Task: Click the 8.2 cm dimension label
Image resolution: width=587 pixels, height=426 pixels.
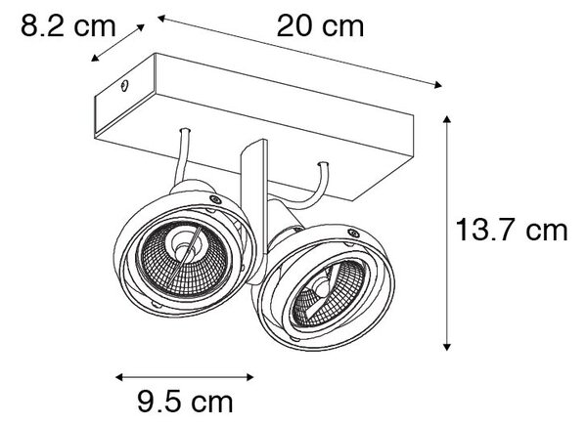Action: tap(68, 25)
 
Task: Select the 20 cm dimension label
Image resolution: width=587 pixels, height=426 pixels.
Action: tap(321, 26)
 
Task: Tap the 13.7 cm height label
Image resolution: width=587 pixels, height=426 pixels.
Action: tap(512, 230)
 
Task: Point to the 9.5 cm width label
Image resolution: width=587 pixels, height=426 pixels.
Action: tap(185, 402)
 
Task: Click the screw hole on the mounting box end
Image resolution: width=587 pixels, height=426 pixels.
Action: tap(124, 86)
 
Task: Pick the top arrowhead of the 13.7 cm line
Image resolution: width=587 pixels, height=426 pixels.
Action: tap(446, 119)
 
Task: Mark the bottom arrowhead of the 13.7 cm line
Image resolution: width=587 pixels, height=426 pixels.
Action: tap(446, 346)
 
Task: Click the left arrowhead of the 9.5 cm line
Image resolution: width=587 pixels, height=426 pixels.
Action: tap(119, 377)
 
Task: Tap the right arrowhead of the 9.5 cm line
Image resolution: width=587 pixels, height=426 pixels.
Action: tap(250, 377)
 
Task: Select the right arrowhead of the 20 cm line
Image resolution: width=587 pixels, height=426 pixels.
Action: tap(437, 85)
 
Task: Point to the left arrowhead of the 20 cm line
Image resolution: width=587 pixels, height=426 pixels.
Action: tap(161, 18)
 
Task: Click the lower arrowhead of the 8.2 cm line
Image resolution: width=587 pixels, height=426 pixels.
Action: tap(95, 58)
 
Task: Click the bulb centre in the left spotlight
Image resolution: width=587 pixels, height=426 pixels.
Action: tap(183, 249)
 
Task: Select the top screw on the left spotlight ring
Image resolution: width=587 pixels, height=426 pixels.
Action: tap(215, 199)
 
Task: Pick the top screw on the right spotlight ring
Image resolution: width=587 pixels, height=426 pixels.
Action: tap(353, 234)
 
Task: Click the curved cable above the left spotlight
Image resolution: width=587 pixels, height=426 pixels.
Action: tap(182, 157)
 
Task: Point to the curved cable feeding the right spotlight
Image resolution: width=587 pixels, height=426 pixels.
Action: tap(315, 192)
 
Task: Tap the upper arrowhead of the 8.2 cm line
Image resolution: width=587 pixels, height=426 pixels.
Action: tap(140, 27)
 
